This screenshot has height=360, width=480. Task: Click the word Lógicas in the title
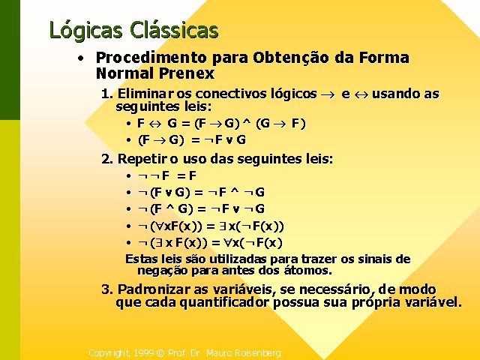pos(86,30)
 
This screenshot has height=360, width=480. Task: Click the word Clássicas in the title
pos(174,29)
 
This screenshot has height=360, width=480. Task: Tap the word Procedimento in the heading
pos(151,57)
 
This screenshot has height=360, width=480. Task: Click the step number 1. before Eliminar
pos(107,94)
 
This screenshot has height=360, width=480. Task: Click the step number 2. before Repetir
pos(107,159)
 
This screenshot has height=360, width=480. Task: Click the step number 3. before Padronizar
pos(107,289)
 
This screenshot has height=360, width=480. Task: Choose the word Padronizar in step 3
pos(154,289)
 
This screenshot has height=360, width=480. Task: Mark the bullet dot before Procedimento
pos(80,58)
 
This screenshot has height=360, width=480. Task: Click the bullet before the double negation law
pos(128,175)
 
